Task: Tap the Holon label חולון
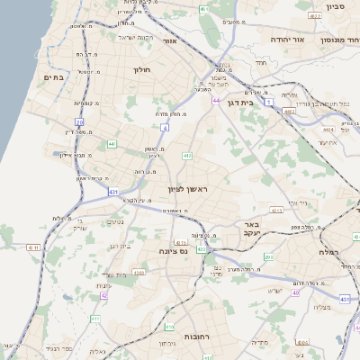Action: tap(145, 70)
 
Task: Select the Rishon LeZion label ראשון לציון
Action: tap(187, 189)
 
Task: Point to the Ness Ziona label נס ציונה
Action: tap(171, 251)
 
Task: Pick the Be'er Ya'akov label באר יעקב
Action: tap(245, 229)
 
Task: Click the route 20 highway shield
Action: tap(79, 122)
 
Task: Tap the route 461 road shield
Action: tap(204, 9)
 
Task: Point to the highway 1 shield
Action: tap(268, 103)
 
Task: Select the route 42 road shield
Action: tap(103, 295)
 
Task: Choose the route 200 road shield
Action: tap(268, 256)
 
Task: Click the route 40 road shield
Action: tap(297, 292)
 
